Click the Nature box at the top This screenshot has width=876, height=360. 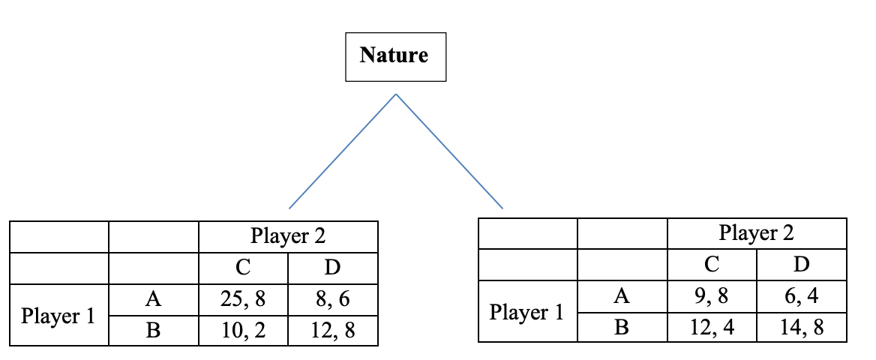(395, 56)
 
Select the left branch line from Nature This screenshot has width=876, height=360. (342, 151)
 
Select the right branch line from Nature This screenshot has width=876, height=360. (448, 151)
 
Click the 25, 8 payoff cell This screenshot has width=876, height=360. (243, 300)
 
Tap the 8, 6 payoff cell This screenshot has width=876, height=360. (332, 300)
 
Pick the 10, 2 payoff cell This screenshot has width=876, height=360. (243, 330)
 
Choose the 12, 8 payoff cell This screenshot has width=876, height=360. (332, 330)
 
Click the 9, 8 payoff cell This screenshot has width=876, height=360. (712, 296)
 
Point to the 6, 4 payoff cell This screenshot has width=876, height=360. (801, 296)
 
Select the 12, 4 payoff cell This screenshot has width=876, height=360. (712, 327)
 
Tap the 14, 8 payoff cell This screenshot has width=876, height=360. (801, 327)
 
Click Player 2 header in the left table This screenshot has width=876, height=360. (288, 236)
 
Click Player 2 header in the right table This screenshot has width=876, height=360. (756, 233)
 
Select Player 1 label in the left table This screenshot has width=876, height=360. (58, 316)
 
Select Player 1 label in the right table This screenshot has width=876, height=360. (526, 312)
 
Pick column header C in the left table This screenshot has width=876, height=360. (243, 267)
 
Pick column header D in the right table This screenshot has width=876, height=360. (801, 264)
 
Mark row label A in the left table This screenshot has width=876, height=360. (153, 300)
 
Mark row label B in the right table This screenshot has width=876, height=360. (622, 327)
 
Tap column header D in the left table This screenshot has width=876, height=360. (332, 267)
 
